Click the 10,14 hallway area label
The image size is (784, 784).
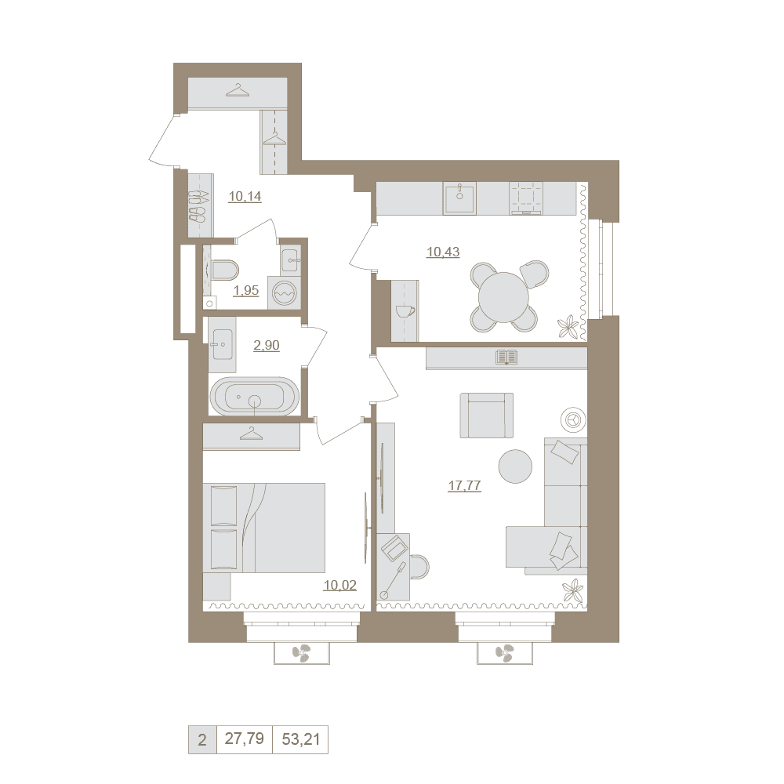coord(245,197)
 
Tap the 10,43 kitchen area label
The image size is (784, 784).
coord(443,252)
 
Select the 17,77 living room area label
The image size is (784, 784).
coord(464,485)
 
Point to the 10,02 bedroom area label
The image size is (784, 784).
coord(340,585)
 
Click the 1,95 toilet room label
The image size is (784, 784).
coord(246,291)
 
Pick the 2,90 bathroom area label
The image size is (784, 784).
coord(267,346)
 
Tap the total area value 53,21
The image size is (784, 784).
coord(300,739)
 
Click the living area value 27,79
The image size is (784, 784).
coord(244,739)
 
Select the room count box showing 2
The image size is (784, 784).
coord(202,739)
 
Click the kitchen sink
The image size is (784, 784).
coord(459,198)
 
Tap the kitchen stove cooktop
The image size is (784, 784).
coord(526,198)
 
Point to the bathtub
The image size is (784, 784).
coord(255,396)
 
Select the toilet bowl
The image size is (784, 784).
coord(225,270)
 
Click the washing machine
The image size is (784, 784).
coord(284,293)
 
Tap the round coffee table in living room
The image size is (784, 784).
coord(515,466)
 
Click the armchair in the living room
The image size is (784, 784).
coord(487,415)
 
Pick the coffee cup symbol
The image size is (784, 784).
coord(405,311)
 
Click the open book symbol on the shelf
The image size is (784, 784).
coord(506,358)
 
